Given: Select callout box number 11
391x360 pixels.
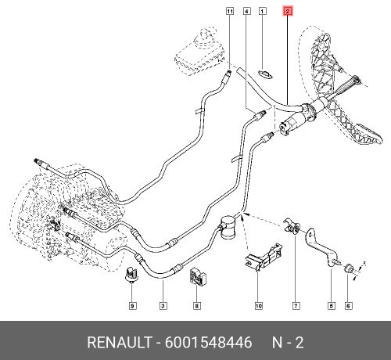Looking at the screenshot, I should pos(230,12).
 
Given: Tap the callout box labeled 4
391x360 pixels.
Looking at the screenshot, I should pos(246,12).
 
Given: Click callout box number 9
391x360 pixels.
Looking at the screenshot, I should pos(132,305).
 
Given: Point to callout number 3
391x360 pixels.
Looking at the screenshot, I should pos(163,305).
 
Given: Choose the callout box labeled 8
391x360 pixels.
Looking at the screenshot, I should pos(196,305).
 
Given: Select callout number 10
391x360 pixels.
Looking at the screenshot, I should pos(257,305).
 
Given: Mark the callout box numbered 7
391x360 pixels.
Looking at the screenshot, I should pos(296,305).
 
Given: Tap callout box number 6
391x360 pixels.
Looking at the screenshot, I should pos(348,305).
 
